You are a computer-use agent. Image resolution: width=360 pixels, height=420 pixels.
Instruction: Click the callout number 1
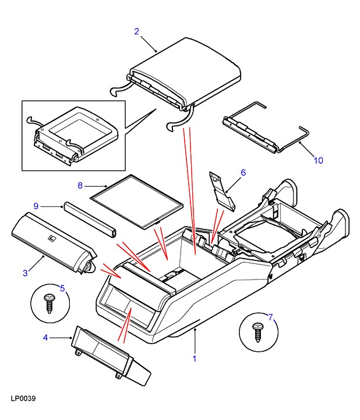click(x=195, y=359)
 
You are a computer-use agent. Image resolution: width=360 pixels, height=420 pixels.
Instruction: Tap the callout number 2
click(x=136, y=31)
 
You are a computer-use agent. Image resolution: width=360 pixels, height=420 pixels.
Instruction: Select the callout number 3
click(x=26, y=273)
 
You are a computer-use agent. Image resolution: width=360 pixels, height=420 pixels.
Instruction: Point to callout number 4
click(x=45, y=337)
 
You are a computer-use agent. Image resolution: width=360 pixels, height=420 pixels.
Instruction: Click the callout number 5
click(x=63, y=287)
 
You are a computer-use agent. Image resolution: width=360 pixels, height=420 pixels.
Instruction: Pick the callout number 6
click(x=243, y=172)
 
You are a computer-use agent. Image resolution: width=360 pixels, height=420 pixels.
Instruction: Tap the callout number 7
click(x=270, y=317)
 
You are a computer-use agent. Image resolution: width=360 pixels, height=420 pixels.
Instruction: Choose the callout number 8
click(x=80, y=186)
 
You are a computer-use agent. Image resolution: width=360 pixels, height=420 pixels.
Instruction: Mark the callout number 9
click(x=36, y=206)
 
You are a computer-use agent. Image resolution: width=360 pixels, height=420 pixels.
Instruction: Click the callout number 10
click(x=317, y=160)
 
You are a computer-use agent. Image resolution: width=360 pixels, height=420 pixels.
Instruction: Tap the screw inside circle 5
click(x=50, y=303)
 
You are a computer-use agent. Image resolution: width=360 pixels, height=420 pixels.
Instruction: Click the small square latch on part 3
click(x=51, y=237)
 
